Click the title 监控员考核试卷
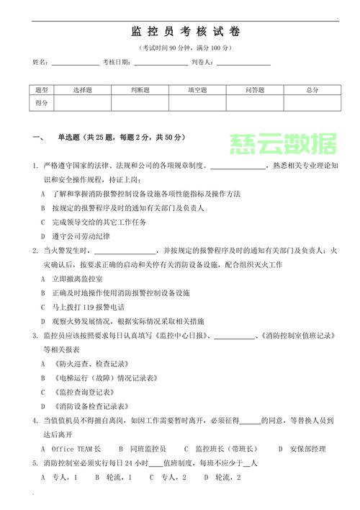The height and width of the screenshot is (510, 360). tap(186, 32)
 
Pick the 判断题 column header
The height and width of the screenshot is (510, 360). tap(140, 90)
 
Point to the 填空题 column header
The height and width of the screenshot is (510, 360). tap(197, 90)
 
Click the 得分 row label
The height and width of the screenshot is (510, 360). tap(42, 103)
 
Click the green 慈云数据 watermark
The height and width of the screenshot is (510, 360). tap(283, 145)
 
